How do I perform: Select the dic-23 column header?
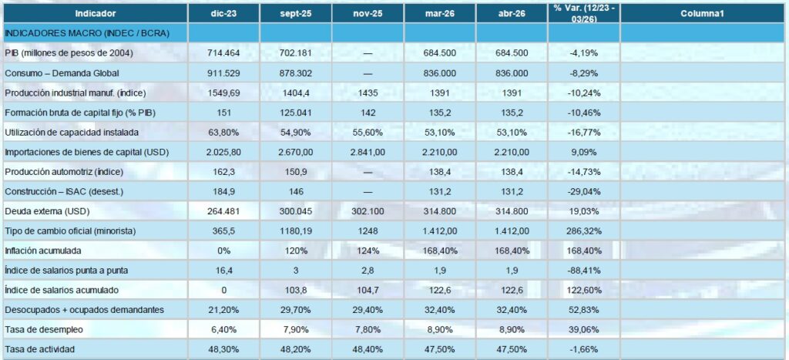[223, 13]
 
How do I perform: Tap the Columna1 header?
[703, 13]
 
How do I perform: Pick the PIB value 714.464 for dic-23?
[223, 52]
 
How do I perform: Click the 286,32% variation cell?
[583, 231]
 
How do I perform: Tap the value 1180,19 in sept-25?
[296, 231]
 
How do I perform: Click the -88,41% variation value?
[583, 271]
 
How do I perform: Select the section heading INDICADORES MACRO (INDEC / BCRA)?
[87, 33]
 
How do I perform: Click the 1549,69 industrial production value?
[223, 93]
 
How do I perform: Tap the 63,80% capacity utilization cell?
[223, 132]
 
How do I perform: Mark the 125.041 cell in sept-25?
[296, 112]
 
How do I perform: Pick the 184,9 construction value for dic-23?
[223, 191]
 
